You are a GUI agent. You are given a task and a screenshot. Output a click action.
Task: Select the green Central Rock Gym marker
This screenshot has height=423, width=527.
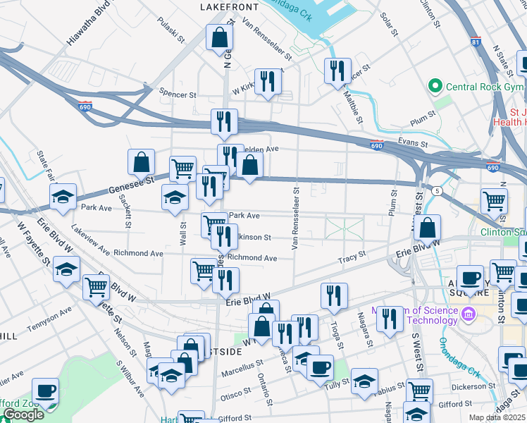(435, 87)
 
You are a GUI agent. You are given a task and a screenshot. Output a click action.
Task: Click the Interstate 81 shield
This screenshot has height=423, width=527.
(476, 42)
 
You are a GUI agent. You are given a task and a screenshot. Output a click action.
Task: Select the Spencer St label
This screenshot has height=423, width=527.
(177, 94)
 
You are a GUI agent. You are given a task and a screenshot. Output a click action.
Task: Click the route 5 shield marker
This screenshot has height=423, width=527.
(438, 190)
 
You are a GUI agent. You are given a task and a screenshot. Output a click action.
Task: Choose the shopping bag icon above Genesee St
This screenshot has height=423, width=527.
(141, 162)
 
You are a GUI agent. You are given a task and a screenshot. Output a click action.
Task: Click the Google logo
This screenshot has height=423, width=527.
(23, 415)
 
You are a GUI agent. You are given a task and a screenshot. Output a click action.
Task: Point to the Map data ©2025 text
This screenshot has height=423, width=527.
(497, 417)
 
